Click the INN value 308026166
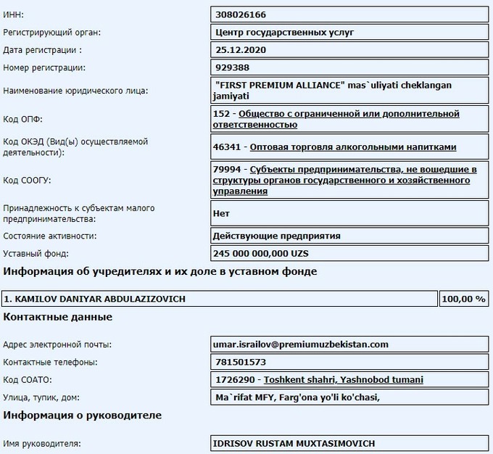[242, 15]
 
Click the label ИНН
[13, 15]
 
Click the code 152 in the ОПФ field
[223, 114]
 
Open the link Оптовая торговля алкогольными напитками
[353, 147]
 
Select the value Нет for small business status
[221, 214]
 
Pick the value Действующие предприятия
[276, 236]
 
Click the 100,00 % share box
[464, 299]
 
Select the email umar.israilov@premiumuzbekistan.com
[300, 344]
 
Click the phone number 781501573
[241, 362]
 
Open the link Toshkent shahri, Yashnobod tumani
[344, 379]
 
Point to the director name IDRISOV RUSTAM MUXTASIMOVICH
[294, 443]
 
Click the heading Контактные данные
[58, 317]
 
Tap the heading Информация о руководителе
[83, 416]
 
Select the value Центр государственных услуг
[285, 33]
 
